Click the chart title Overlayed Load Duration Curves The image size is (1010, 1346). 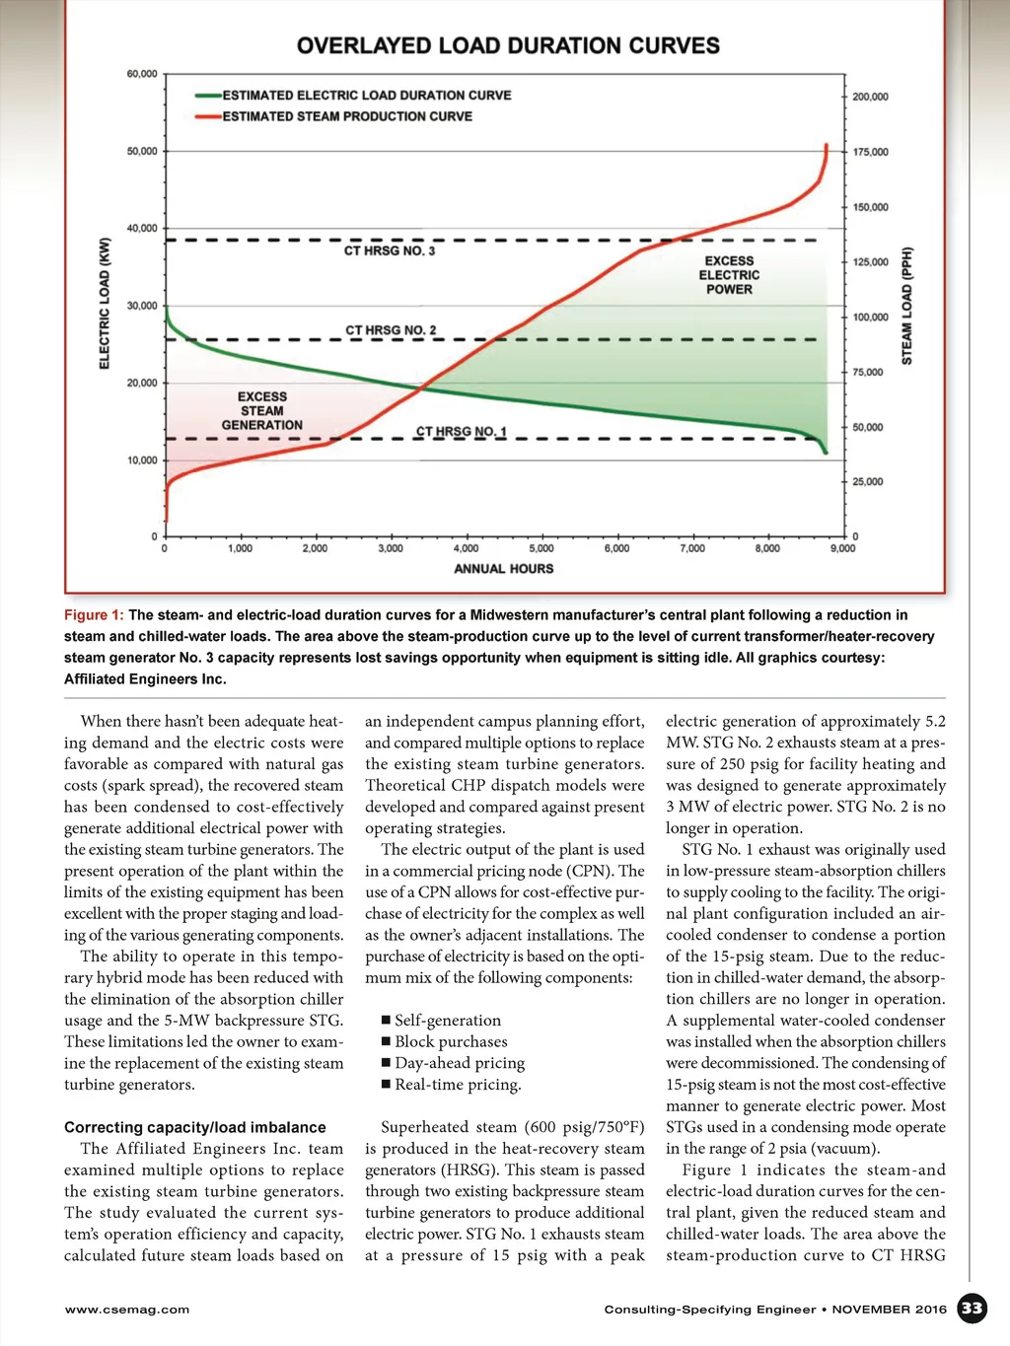coord(508,46)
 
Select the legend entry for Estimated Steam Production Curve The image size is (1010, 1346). coord(346,116)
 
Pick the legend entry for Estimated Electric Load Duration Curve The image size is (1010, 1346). coord(366,96)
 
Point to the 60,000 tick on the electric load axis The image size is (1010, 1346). coord(142,74)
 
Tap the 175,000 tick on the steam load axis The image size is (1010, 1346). coord(870,152)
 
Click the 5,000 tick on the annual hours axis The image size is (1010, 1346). coord(541,548)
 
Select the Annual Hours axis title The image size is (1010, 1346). coord(503,569)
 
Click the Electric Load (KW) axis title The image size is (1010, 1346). coord(105,304)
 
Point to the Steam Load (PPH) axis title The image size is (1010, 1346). coord(906,306)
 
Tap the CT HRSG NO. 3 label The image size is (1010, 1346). coord(389,251)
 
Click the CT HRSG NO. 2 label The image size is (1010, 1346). coord(390,330)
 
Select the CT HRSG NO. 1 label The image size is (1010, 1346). coord(461,432)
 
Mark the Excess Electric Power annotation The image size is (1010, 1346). coord(729,275)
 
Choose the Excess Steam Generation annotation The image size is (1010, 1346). coord(261,411)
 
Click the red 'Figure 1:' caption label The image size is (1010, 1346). coord(94,615)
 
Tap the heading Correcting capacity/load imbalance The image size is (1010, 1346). coord(194,1127)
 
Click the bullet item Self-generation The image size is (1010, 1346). coord(448,1021)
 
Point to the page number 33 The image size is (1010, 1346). coord(972,1309)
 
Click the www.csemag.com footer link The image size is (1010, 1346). coord(126,1310)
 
